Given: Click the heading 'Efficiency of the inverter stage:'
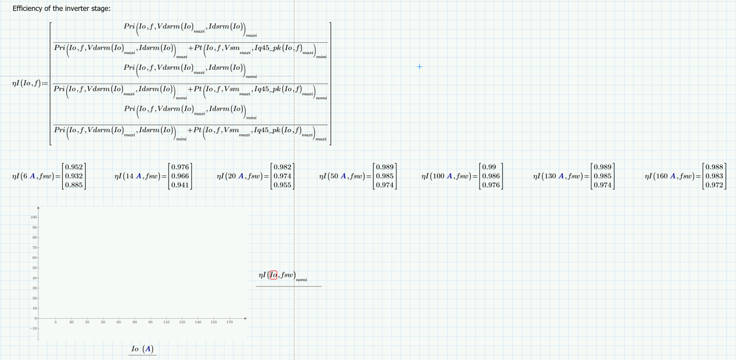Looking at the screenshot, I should click(x=61, y=9).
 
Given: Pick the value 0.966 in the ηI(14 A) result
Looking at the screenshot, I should click(x=180, y=176).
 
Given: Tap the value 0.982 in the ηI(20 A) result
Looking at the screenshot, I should click(x=283, y=167).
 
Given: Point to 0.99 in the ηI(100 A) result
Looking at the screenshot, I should click(x=489, y=167).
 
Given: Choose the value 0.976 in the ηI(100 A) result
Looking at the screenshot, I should click(x=490, y=185).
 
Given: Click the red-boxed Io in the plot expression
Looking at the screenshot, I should click(x=273, y=275).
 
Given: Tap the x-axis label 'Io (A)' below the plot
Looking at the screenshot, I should click(x=142, y=349).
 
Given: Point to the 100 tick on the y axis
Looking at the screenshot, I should click(x=34, y=218).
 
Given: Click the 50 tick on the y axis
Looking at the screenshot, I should click(x=35, y=268).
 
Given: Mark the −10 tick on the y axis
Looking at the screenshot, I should click(x=34, y=328).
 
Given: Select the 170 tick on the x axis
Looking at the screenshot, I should click(x=230, y=323).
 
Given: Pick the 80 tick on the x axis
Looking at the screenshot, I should click(x=135, y=323).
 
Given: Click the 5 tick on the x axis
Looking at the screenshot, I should click(x=56, y=323).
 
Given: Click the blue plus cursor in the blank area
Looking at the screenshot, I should click(x=420, y=67).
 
